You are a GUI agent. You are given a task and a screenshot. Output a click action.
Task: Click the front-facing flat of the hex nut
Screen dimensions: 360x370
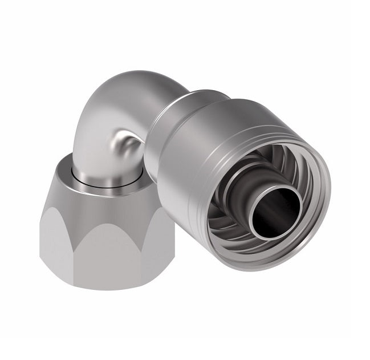105,251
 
